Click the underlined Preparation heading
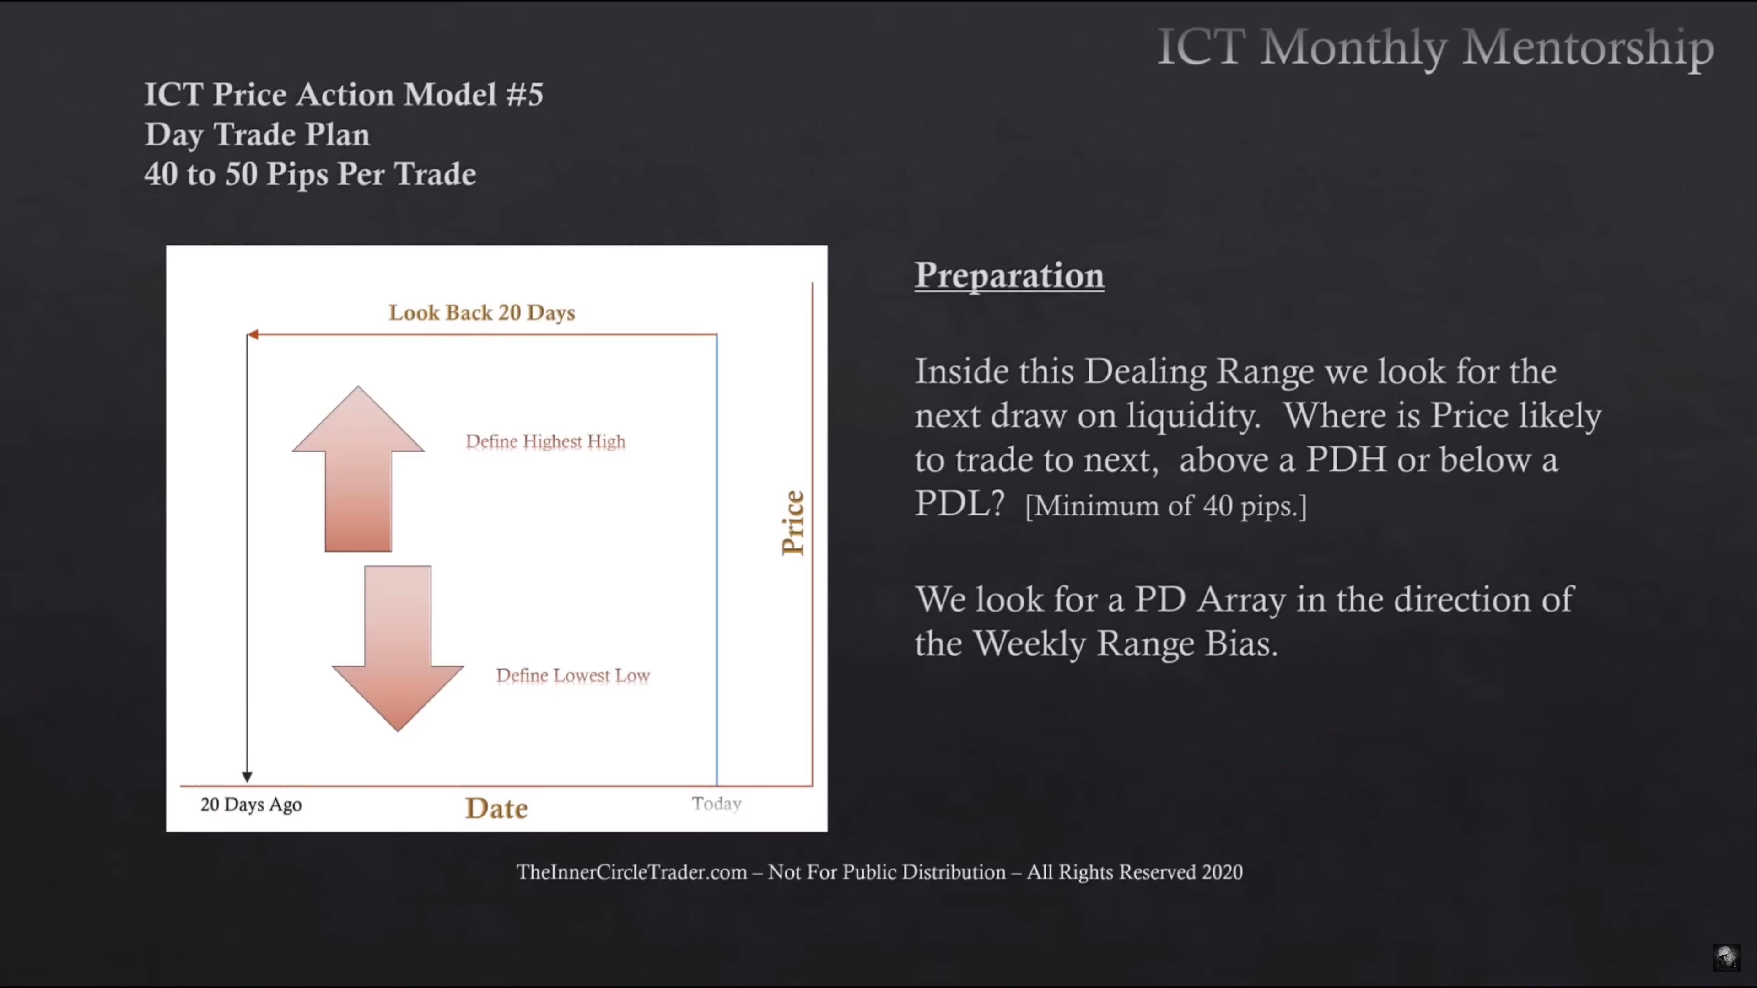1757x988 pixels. [1009, 275]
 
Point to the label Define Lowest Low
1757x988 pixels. [573, 675]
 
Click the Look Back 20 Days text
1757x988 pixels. [481, 312]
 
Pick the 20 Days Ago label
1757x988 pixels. [251, 805]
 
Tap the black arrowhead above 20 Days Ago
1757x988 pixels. [247, 777]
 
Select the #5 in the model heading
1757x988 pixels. [524, 94]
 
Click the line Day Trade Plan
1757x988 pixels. [257, 135]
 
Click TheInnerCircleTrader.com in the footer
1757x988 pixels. [631, 872]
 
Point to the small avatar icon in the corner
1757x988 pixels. [1726, 957]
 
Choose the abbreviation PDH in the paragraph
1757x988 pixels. [1346, 460]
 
